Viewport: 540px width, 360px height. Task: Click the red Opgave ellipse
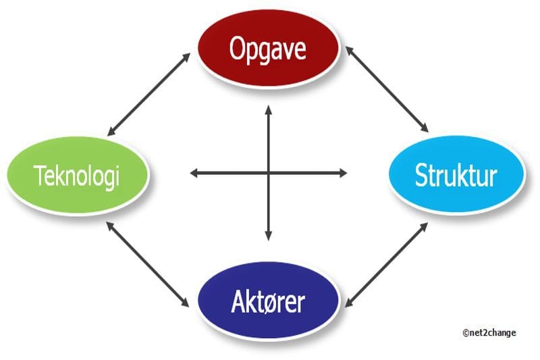coord(269,48)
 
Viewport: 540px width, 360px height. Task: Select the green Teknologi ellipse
coord(78,175)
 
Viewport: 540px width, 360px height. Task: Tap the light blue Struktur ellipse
coord(457,174)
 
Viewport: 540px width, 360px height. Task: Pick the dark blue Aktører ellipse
coord(268,301)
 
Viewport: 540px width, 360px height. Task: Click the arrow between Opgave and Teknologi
coord(148,95)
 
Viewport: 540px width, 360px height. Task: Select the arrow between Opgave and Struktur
coord(387,89)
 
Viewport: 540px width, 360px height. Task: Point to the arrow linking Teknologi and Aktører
coord(148,265)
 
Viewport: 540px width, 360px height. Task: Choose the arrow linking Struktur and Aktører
coord(386,265)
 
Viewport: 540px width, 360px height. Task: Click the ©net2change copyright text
coord(489,333)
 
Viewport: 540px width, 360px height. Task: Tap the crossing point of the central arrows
coord(269,173)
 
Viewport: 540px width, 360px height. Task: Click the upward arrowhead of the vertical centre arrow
coord(269,110)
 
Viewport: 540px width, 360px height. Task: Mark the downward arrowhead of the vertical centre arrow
coord(269,236)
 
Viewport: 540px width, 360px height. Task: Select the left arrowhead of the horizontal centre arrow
coord(194,173)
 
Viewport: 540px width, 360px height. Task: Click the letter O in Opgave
coord(238,49)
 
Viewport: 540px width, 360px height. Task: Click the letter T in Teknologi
coord(40,175)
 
